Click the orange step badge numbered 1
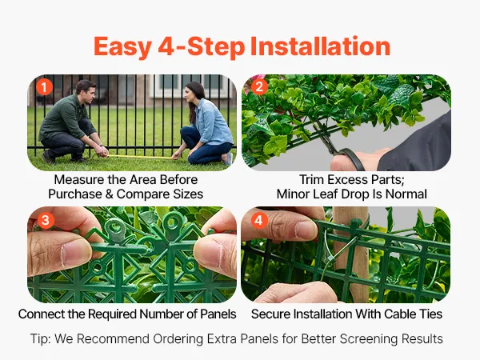pos(44,87)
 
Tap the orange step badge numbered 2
pos(259,87)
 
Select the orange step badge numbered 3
pos(46,221)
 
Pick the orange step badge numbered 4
pos(259,221)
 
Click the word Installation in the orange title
pos(320,46)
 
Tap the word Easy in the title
pos(122,47)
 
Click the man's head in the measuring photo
pos(85,91)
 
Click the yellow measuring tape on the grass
pos(139,157)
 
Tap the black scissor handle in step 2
pos(351,158)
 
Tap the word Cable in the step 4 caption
pos(401,314)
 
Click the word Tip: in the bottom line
pos(41,339)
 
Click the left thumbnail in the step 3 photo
pos(76,253)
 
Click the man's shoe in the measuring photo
pos(48,158)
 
